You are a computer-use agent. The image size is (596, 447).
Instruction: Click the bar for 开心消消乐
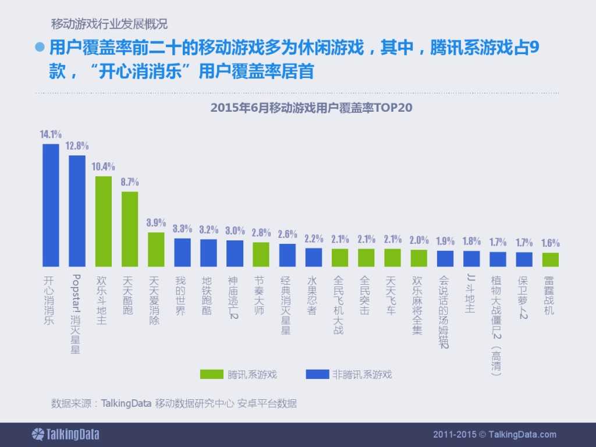click(x=51, y=205)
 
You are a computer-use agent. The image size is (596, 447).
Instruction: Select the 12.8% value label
click(x=77, y=146)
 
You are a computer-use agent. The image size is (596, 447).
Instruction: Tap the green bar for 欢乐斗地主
click(x=104, y=221)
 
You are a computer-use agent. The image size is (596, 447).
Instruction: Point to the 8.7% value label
click(x=130, y=182)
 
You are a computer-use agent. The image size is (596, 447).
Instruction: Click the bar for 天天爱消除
click(x=156, y=249)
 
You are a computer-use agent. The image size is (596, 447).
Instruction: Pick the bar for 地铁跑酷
click(x=208, y=253)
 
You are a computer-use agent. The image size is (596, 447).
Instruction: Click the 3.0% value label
click(x=235, y=231)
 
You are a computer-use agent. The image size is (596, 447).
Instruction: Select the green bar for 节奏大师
click(x=261, y=254)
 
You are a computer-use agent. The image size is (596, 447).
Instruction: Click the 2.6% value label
click(x=288, y=234)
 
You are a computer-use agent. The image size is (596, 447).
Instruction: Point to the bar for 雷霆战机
click(x=550, y=260)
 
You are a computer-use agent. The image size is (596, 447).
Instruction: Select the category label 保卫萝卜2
click(x=523, y=298)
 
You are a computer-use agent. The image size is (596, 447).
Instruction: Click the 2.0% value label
click(x=419, y=240)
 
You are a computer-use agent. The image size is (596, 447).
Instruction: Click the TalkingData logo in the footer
click(x=65, y=434)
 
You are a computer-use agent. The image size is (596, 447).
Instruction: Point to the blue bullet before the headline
click(x=40, y=47)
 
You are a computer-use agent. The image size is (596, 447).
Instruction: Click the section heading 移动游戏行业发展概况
click(x=109, y=24)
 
